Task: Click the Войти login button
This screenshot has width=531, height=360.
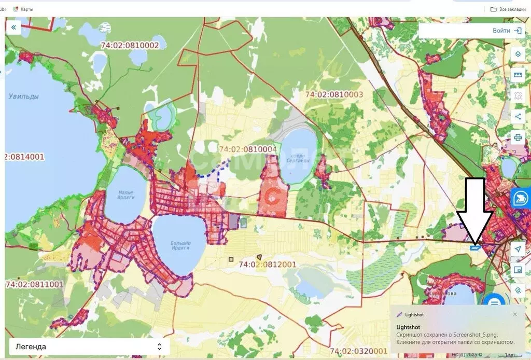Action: [x=507, y=31]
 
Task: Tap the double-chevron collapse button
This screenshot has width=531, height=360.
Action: [x=13, y=27]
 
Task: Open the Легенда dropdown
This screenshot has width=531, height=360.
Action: [x=88, y=347]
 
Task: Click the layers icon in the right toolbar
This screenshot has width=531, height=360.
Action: [x=518, y=54]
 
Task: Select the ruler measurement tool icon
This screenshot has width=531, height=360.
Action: [x=518, y=75]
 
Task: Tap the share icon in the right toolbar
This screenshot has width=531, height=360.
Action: [x=518, y=117]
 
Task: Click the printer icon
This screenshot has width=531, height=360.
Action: [x=518, y=137]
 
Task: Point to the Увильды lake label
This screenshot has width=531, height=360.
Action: [x=24, y=96]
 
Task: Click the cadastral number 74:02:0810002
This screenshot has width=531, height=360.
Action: [x=130, y=45]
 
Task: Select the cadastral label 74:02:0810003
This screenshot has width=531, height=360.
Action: [x=334, y=95]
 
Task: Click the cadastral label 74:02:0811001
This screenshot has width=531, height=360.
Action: [x=34, y=284]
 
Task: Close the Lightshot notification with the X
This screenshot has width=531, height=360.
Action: [x=515, y=314]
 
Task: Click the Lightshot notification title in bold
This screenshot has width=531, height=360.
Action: [x=408, y=327]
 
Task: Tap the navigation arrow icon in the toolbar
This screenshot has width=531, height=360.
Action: [x=518, y=250]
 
